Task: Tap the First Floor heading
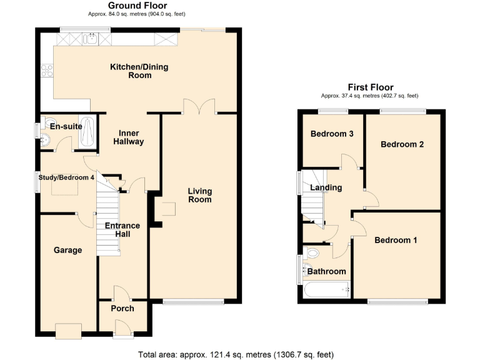pyautogui.click(x=371, y=87)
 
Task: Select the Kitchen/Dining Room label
pyautogui.click(x=139, y=71)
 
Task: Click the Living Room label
pyautogui.click(x=199, y=195)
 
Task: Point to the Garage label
pyautogui.click(x=67, y=250)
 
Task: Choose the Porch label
pyautogui.click(x=122, y=308)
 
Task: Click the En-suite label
pyautogui.click(x=66, y=126)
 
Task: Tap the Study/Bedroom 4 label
pyautogui.click(x=67, y=177)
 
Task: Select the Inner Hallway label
pyautogui.click(x=128, y=137)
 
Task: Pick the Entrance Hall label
pyautogui.click(x=122, y=229)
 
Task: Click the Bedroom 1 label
pyautogui.click(x=396, y=240)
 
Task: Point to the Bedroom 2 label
pyautogui.click(x=402, y=144)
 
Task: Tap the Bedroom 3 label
pyautogui.click(x=332, y=134)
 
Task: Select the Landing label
pyautogui.click(x=326, y=187)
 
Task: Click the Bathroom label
pyautogui.click(x=326, y=271)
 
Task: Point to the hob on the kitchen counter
pyautogui.click(x=46, y=71)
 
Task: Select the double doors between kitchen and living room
pyautogui.click(x=199, y=107)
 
